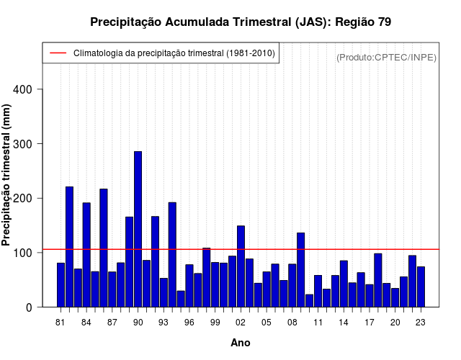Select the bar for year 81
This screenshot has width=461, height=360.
[x=61, y=285]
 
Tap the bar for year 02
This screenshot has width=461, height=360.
[x=241, y=266]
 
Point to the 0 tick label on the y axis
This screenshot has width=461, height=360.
[x=38, y=307]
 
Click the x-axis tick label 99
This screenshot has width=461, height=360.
[x=215, y=323]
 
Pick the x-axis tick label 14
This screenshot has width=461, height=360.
[x=344, y=323]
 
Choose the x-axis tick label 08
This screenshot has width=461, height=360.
[x=292, y=323]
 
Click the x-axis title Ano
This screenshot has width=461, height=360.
[x=241, y=343]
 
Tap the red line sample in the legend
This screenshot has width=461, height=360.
[x=58, y=53]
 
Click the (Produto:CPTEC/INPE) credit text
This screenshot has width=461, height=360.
[x=386, y=57]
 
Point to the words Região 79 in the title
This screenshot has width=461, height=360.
[x=363, y=22]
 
